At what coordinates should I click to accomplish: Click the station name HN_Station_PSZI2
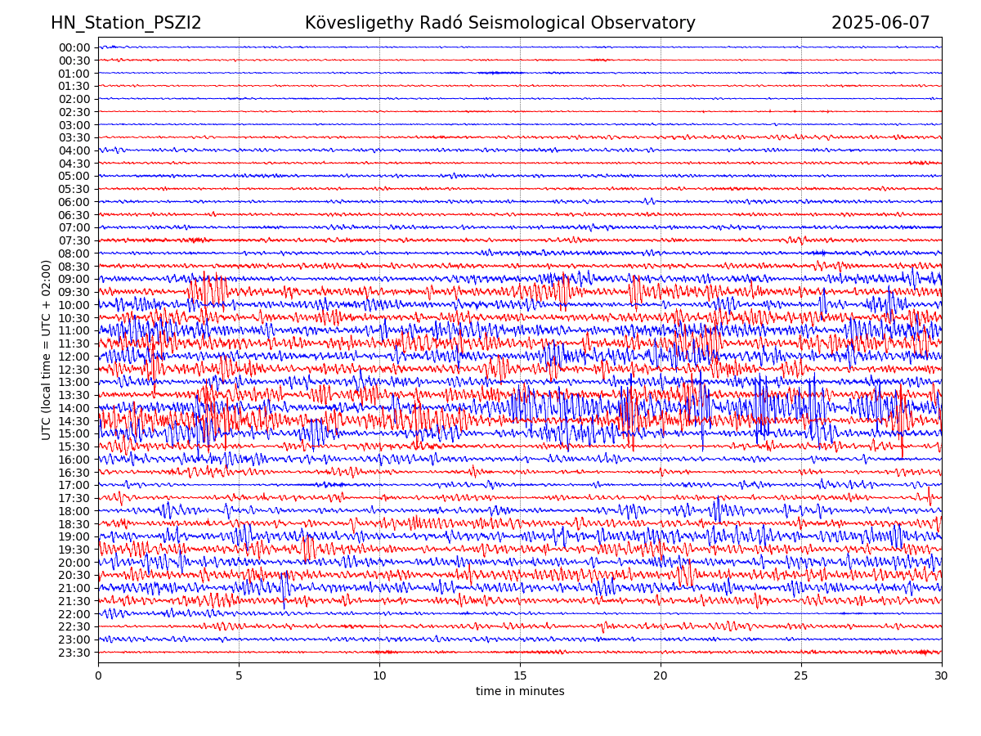pyautogui.click(x=126, y=23)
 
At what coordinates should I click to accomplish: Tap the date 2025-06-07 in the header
pyautogui.click(x=880, y=23)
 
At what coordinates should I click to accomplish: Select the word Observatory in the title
pyautogui.click(x=647, y=23)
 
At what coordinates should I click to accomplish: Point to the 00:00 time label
pyautogui.click(x=74, y=47)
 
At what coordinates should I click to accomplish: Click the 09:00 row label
pyautogui.click(x=74, y=279)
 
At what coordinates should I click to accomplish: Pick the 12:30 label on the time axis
pyautogui.click(x=74, y=370)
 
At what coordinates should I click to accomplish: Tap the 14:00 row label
pyautogui.click(x=74, y=408)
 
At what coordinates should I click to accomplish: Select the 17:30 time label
pyautogui.click(x=74, y=498)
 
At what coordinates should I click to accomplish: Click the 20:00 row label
pyautogui.click(x=74, y=563)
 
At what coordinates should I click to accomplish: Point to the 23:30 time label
pyautogui.click(x=74, y=653)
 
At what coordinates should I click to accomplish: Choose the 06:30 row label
pyautogui.click(x=74, y=215)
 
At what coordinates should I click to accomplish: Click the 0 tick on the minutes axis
pyautogui.click(x=98, y=676)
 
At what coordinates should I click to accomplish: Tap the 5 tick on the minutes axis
pyautogui.click(x=239, y=676)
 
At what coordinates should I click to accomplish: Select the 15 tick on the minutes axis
pyautogui.click(x=520, y=676)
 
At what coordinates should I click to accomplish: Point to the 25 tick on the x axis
pyautogui.click(x=801, y=676)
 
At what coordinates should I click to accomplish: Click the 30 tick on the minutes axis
pyautogui.click(x=942, y=676)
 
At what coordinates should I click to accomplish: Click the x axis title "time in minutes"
pyautogui.click(x=520, y=692)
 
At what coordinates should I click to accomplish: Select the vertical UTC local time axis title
pyautogui.click(x=47, y=350)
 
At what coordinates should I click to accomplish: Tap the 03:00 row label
pyautogui.click(x=74, y=124)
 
